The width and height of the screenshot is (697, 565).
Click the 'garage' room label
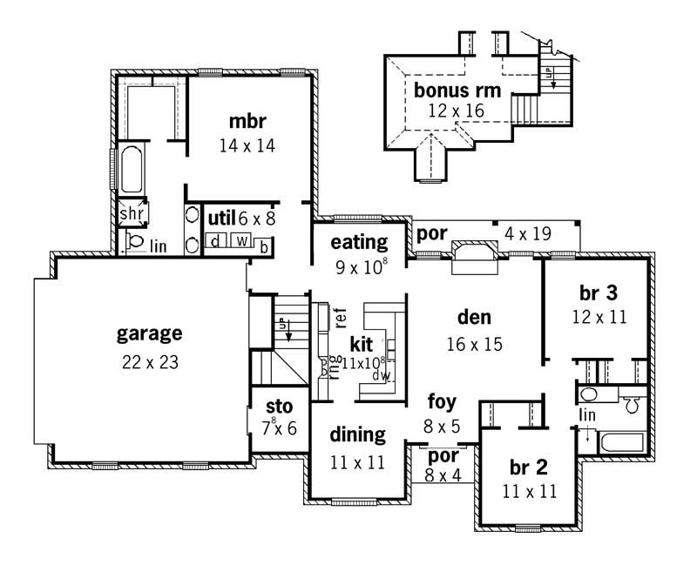click(150, 333)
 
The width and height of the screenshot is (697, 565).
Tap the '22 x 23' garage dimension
click(150, 362)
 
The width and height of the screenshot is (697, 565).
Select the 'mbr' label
click(247, 120)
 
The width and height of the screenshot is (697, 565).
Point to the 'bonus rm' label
click(450, 90)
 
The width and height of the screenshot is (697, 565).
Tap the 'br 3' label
click(599, 292)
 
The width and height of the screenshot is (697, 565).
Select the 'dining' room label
click(358, 434)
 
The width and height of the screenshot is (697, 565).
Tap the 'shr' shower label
click(132, 213)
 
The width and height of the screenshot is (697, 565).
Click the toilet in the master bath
click(135, 241)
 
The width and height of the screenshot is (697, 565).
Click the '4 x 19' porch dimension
click(534, 233)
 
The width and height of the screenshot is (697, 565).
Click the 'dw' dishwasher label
click(380, 375)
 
